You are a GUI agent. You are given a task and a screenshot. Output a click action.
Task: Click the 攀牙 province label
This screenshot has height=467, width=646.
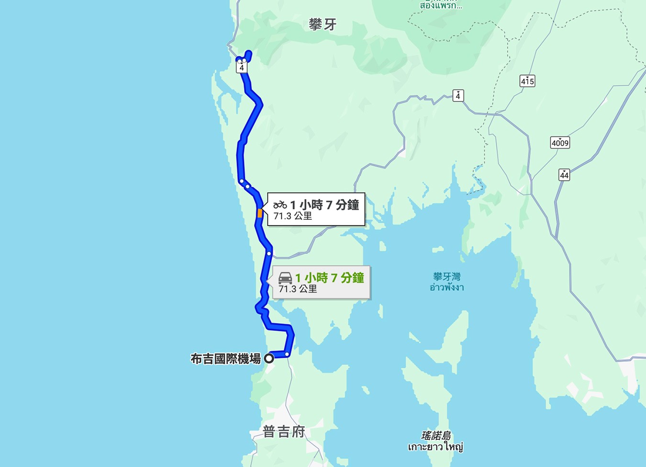coord(323,24)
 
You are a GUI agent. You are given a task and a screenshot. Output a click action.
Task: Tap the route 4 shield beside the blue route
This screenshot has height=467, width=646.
coord(242,68)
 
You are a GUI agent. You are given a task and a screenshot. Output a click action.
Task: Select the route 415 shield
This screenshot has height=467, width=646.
coord(527,81)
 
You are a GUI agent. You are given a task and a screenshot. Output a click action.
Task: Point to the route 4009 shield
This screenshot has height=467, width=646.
coord(560,143)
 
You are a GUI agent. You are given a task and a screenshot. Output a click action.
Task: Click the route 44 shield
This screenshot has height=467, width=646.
coord(564,175)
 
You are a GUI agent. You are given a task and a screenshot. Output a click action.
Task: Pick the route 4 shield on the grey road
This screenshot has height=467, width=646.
coord(458,96)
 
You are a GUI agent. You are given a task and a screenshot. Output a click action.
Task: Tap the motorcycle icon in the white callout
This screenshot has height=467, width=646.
coord(280,205)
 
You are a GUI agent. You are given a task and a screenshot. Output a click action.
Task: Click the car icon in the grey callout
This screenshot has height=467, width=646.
coord(285,278)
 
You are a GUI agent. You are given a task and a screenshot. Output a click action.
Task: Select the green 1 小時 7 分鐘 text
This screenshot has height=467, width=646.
coord(329,278)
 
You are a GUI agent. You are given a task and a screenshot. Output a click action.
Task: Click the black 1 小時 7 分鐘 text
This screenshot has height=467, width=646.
coord(324,205)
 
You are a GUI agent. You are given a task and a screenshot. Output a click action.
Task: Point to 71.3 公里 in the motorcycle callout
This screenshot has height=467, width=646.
coord(293,216)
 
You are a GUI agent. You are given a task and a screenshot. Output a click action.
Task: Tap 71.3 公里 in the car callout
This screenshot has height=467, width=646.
coord(298,289)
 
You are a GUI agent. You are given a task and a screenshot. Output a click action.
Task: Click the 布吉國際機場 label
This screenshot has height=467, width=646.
coord(225,359)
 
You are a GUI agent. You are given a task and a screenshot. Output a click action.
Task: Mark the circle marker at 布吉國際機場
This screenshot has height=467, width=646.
coord(269,358)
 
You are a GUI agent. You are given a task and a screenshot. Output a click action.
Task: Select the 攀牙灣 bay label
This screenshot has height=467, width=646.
coord(446,277)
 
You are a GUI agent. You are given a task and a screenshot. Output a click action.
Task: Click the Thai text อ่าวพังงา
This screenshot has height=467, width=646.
coord(446,287)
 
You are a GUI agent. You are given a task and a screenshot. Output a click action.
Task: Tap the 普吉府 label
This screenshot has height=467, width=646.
coord(284,432)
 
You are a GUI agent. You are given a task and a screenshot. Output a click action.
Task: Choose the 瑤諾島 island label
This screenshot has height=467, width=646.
coord(436,436)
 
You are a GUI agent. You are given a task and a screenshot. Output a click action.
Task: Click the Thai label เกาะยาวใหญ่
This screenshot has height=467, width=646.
coord(435,447)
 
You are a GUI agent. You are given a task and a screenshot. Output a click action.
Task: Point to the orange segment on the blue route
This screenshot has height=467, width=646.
coord(260,213)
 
